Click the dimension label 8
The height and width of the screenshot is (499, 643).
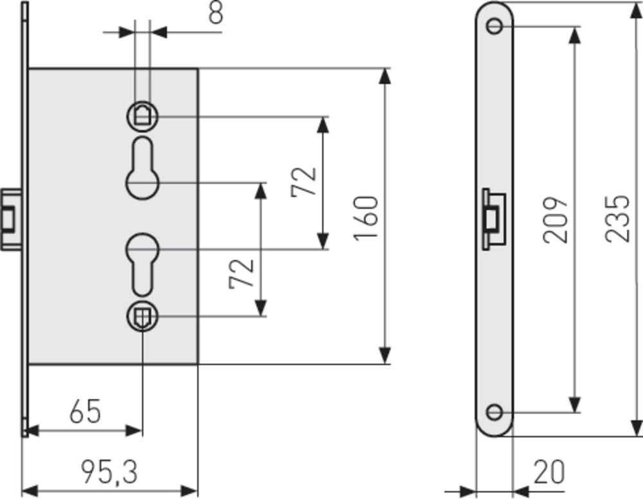coord(216,12)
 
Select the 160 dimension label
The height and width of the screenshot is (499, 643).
coord(366,218)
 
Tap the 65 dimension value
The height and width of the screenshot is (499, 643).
coord(86,412)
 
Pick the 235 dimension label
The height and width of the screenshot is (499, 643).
coord(618,218)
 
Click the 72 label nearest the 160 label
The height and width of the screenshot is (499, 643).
coord(304,182)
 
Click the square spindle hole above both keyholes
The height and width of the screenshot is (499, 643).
coord(142,116)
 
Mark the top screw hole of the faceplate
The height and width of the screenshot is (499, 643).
coord(494,26)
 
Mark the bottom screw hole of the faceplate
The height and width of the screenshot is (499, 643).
coord(494,412)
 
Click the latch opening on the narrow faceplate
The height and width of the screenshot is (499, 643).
coord(494,218)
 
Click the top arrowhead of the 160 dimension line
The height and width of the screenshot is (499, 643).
coord(385,75)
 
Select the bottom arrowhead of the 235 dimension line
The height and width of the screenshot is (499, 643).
coord(636,428)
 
